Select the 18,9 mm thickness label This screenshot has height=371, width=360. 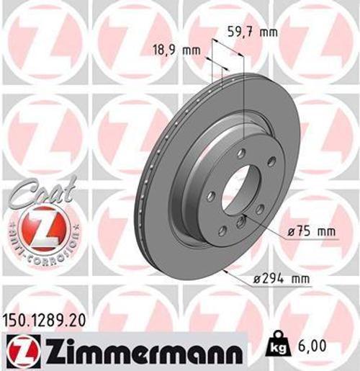click(x=176, y=50)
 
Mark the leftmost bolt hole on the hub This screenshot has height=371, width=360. click(x=210, y=197)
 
